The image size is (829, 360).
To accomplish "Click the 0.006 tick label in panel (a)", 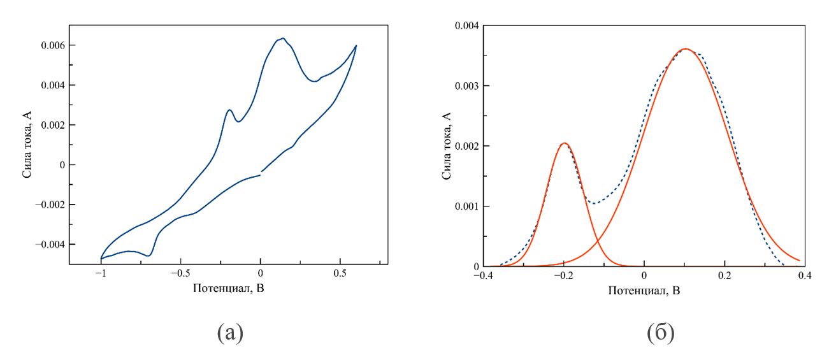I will click(x=52, y=45).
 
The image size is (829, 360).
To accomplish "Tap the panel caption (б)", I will click(x=661, y=333).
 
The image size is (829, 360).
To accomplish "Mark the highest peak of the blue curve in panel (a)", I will click(x=283, y=38).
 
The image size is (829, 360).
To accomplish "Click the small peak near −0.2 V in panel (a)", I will click(x=229, y=110).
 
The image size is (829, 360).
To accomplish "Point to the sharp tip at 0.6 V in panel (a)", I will click(x=356, y=46).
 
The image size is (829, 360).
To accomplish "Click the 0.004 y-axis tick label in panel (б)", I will click(x=466, y=25).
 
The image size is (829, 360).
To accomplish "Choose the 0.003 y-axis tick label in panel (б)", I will click(x=466, y=85).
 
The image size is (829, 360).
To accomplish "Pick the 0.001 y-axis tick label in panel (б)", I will click(x=466, y=206).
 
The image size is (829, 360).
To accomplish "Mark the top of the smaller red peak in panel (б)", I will click(x=564, y=143).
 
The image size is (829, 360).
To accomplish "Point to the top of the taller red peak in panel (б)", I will click(x=686, y=48).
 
